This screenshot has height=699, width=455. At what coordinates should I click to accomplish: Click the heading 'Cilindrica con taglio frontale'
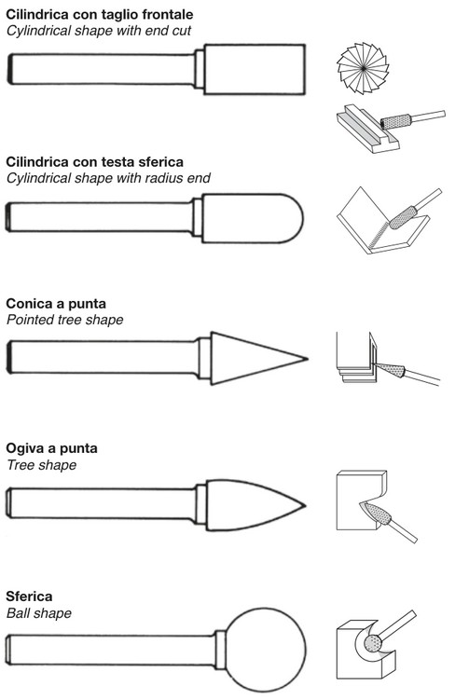[x=100, y=15]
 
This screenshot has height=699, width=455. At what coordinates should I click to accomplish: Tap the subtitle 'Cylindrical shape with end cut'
[x=99, y=31]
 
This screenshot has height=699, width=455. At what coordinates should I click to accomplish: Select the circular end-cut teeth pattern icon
[x=363, y=68]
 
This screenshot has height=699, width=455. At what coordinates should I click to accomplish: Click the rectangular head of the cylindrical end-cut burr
[x=255, y=69]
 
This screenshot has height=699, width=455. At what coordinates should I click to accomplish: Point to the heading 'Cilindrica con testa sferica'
[x=94, y=161]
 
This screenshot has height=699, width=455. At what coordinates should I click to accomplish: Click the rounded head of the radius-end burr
[x=253, y=218]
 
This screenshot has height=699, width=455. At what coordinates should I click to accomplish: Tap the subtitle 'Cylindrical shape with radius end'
[x=108, y=178]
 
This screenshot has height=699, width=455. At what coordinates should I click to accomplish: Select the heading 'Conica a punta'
[x=56, y=304]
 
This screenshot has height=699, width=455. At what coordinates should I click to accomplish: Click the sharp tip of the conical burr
[x=308, y=358]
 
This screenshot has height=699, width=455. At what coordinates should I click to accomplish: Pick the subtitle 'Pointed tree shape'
[x=64, y=320]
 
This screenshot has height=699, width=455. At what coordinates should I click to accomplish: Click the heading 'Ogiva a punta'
[x=51, y=448]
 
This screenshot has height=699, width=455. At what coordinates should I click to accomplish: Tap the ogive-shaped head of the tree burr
[x=255, y=505]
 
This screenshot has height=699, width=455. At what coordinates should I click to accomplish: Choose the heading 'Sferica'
[x=29, y=596]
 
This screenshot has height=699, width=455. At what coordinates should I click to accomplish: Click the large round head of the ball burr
[x=266, y=649]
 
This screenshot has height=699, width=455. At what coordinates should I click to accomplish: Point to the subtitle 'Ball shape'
[x=39, y=613]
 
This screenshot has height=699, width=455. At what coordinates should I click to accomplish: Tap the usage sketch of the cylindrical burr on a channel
[x=391, y=130]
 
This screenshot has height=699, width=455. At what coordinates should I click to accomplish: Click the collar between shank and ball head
[x=220, y=650]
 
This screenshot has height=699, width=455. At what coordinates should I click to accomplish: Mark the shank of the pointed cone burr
[x=103, y=357]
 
